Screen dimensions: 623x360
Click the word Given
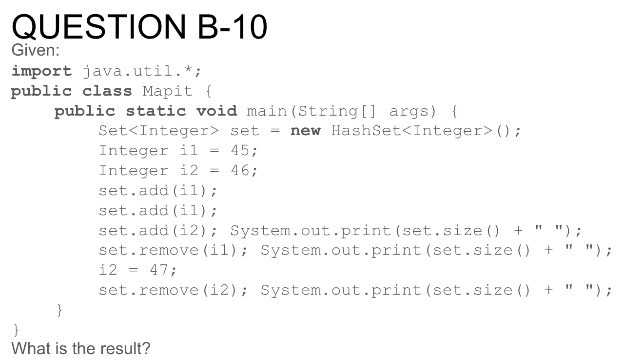[35, 50]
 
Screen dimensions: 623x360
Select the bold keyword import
[41, 71]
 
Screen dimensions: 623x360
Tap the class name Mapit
[167, 91]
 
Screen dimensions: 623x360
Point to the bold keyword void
[216, 111]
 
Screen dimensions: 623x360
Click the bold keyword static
[156, 111]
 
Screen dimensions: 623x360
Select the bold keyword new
[305, 131]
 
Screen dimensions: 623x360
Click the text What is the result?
[81, 349]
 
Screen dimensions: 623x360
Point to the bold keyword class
[107, 91]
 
